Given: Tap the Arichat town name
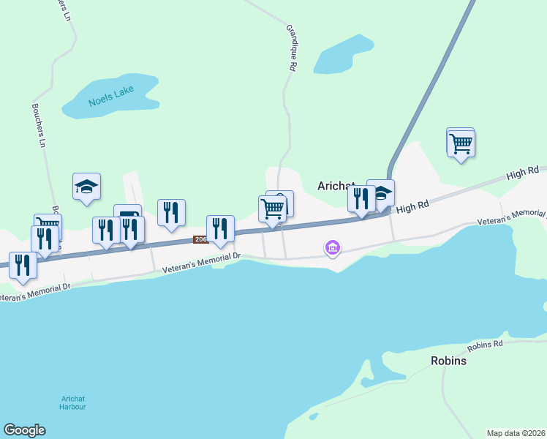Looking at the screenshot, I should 336,185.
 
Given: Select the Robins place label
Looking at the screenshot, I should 448,361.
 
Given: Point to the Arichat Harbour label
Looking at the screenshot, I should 73,402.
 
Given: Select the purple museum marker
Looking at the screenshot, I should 333,249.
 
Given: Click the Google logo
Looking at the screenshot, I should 24,430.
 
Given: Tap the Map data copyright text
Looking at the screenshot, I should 516,433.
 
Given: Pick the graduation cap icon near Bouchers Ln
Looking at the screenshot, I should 86,187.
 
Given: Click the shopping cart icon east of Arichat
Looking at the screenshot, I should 461,143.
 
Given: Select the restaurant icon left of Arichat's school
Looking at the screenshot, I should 361,199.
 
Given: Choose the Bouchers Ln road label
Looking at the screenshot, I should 38,124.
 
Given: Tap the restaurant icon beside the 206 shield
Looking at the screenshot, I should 220,228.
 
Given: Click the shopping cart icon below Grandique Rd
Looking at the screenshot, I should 273,209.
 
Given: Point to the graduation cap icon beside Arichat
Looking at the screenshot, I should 381,193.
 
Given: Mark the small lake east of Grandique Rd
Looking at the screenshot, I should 344,55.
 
